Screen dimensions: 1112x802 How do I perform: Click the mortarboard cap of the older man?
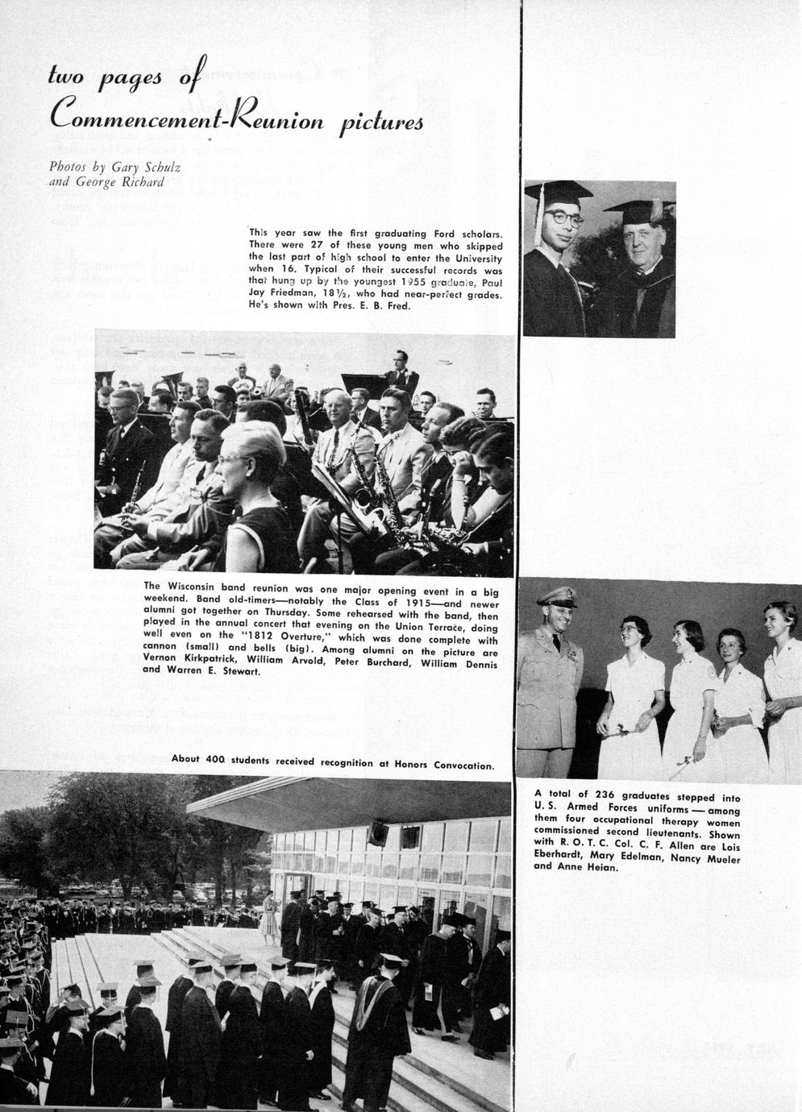pos(638,211)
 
